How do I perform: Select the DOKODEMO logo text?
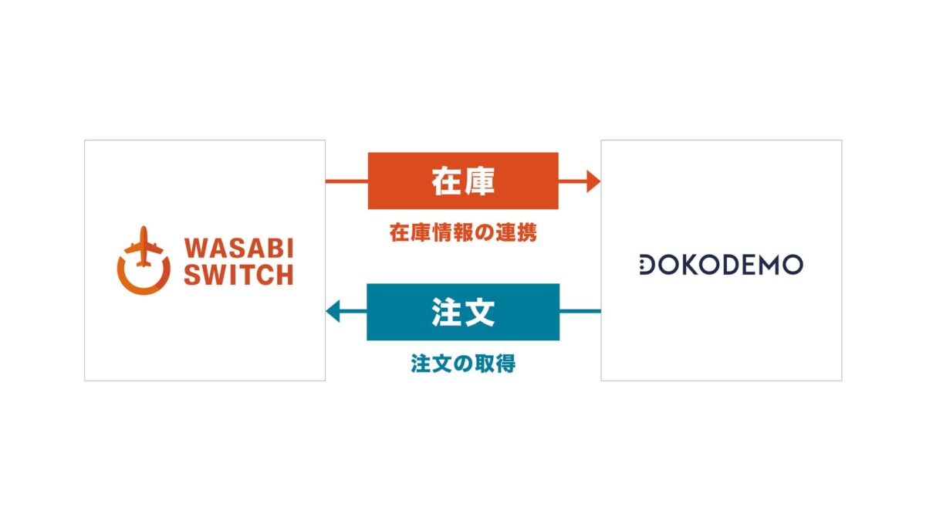[x=721, y=265]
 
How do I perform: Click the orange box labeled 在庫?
[x=463, y=181]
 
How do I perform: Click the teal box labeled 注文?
[x=463, y=312]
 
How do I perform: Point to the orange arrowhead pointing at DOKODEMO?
[x=593, y=181]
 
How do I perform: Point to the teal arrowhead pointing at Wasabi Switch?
[x=333, y=312]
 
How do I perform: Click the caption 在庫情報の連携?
[x=463, y=233]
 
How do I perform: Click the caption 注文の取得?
[x=463, y=364]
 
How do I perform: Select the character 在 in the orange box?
[x=447, y=181]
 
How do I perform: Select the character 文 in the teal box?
[x=480, y=312]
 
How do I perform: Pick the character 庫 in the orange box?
[x=480, y=181]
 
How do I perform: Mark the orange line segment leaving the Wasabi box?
[x=346, y=181]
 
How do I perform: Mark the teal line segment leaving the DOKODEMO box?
[x=580, y=312]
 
